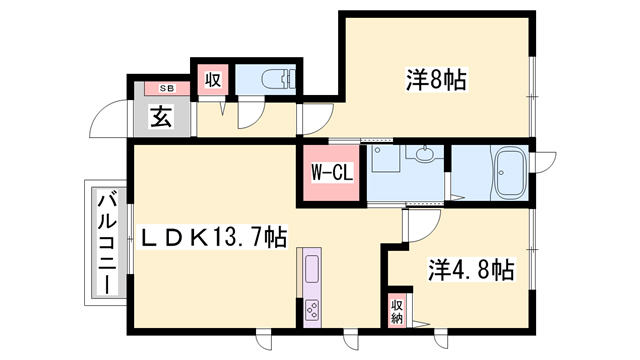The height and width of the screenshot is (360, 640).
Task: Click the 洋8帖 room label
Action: coord(436,79)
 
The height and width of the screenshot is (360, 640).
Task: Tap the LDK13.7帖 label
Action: coord(214,237)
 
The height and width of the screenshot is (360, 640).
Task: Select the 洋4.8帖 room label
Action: coord(471,269)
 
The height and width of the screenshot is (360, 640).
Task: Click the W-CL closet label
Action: coord(332,173)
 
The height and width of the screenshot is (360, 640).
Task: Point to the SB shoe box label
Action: coord(167,88)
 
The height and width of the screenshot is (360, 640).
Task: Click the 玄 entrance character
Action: coord(162,116)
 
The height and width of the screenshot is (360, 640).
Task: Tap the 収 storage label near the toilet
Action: coord(213,79)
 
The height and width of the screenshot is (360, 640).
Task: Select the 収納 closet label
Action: coord(397,312)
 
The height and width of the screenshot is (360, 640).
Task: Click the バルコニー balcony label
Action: coord(107,244)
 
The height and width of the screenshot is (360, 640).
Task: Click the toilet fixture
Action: coord(278,79)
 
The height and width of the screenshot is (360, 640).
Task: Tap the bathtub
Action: coord(510,173)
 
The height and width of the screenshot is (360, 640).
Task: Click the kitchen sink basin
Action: coord(312,268)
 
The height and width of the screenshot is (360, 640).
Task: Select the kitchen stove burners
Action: coord(312,310)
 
